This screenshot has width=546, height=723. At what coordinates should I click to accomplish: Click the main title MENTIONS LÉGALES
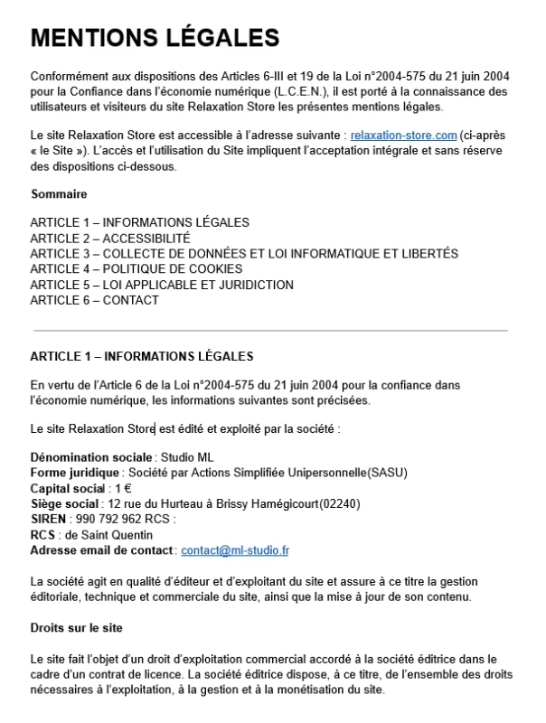tap(155, 38)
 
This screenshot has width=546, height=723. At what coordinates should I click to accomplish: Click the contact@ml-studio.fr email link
tap(234, 549)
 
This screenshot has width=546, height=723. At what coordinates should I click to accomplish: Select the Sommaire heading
tap(59, 194)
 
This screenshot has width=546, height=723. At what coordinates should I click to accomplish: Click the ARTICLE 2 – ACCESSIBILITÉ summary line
tap(110, 238)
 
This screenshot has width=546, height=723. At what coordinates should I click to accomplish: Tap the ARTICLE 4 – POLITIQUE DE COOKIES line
tap(136, 269)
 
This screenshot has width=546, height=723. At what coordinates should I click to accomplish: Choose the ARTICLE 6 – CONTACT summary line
tap(94, 300)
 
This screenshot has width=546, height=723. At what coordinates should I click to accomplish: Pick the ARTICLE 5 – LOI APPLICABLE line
tap(162, 285)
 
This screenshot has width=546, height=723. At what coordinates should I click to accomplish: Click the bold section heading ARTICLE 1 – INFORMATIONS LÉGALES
tap(142, 356)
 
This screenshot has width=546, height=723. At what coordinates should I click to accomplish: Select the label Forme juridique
tap(74, 472)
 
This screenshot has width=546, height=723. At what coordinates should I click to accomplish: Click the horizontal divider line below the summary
tap(270, 331)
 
